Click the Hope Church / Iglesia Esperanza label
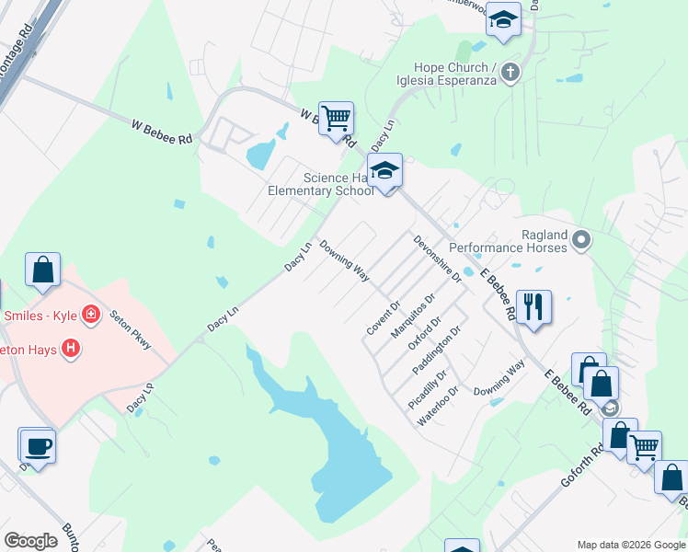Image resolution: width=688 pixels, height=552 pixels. pos(455,74)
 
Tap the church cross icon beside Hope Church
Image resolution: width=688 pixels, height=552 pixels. pos(511,72)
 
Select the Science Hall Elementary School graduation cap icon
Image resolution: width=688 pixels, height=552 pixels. pos(385,170)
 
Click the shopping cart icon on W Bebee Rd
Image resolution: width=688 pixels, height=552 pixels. pos(337,118)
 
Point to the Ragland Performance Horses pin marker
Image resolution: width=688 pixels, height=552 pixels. pos(580,241)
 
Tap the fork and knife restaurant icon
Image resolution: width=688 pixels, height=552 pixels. pos(533,305)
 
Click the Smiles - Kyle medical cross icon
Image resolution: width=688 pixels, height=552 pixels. pos(90,316)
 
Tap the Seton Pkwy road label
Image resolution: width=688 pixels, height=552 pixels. pos(131,328)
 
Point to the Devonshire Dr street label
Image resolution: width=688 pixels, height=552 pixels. pos(436,259)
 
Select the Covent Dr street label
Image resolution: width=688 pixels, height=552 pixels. pos(384,317)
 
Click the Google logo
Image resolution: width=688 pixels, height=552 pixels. pos(30,541)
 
